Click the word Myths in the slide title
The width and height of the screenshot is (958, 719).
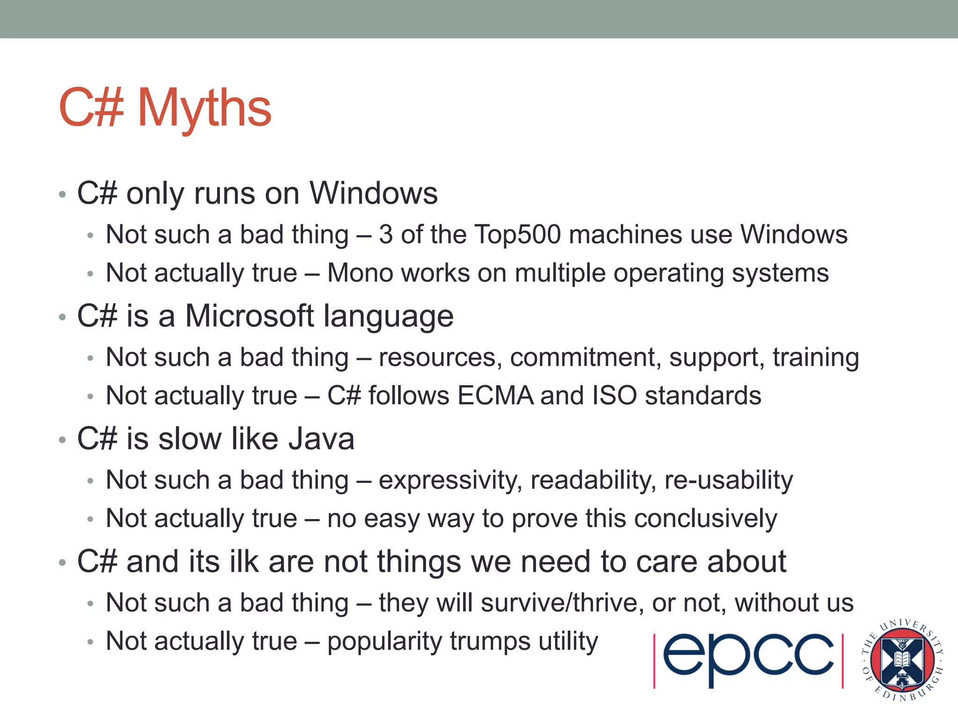coord(204,109)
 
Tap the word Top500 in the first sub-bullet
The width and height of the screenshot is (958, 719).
coord(517,235)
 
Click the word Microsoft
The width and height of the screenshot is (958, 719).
coord(250,316)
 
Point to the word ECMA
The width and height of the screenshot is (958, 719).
coord(495,396)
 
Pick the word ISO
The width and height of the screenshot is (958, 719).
coord(614,396)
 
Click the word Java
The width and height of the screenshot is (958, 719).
coord(321,439)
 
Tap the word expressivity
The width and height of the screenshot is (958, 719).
coord(450,481)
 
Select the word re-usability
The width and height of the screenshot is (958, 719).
coord(728,481)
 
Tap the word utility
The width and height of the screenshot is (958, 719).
coord(568,641)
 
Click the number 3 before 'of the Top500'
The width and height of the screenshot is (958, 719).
coord(385,235)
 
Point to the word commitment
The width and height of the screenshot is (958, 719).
coord(585,358)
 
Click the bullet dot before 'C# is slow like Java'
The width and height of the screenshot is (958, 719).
coord(63,440)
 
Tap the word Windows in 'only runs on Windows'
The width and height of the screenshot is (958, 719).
coord(373,193)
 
